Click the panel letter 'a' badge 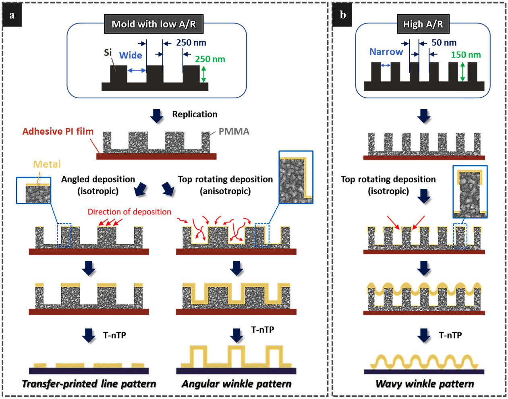pos(12,16)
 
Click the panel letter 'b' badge pos(343,16)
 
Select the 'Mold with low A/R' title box pos(153,24)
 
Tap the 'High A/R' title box pos(423,24)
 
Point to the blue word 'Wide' pos(131,55)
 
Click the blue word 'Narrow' pos(386,52)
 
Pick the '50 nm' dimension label pos(444,43)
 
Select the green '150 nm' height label pos(466,55)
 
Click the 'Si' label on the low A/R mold pos(108,52)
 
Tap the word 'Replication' pos(195,114)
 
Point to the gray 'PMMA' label pos(234,131)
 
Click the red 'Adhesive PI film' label pos(58,131)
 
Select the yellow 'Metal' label pos(47,164)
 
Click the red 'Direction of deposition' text pos(129,212)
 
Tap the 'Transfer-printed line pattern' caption pos(89,384)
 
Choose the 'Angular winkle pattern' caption pos(236,384)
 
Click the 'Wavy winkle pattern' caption pos(425,384)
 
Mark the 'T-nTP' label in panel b pos(450,335)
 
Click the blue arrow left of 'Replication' pos(157,116)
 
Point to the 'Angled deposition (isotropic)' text pos(98,185)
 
